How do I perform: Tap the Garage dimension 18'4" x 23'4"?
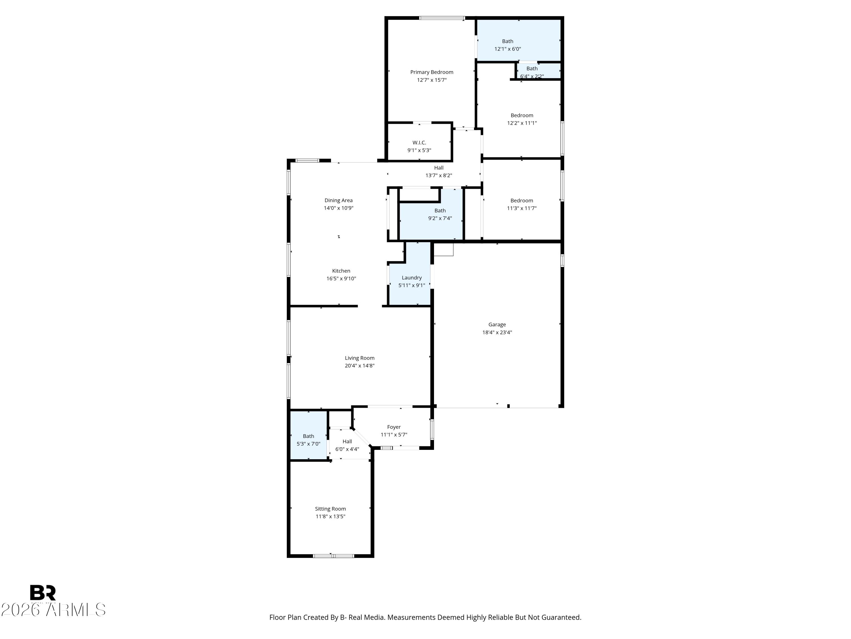tap(497, 332)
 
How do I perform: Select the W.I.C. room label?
tap(419, 143)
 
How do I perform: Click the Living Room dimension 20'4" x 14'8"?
tap(359, 366)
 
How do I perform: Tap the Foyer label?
tap(393, 427)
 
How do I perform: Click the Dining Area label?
tap(338, 200)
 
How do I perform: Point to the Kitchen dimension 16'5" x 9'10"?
tap(341, 279)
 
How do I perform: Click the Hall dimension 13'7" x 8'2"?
tap(438, 175)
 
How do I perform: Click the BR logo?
tap(43, 592)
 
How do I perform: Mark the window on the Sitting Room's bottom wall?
tap(333, 556)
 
